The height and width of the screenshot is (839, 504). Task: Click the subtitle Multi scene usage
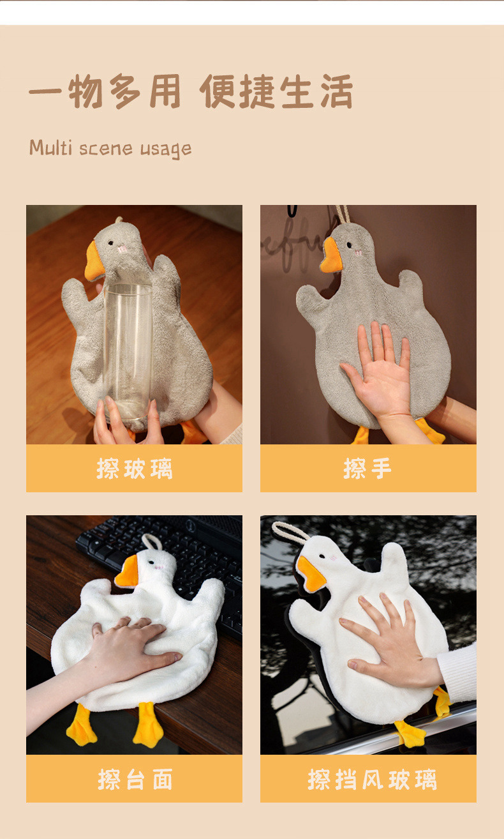[110, 148]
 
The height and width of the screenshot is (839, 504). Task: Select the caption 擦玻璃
[134, 469]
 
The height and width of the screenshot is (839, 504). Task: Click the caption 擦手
[367, 469]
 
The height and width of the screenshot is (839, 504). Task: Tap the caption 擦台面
[134, 779]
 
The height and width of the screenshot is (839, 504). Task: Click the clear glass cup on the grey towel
[128, 351]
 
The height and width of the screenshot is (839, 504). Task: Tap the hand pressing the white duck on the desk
[128, 645]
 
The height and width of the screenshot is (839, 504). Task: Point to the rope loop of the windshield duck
[286, 529]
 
